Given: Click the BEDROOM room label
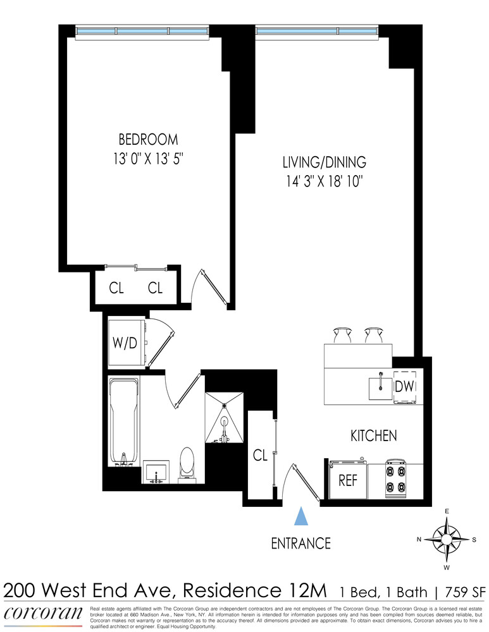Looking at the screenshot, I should coord(148,140).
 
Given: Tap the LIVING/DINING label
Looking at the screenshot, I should coord(325,162).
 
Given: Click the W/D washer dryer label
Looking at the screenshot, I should coord(125,343).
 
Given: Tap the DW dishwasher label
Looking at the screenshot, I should coord(404,386).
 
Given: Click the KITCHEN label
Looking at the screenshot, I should coord(374,435).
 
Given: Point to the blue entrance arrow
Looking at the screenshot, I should coord(302,516).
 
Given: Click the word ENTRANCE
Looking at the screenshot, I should coord(301,543).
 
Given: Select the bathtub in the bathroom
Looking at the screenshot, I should coord(123,421).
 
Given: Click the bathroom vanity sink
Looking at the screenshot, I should coord(156,471).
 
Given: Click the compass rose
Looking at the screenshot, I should coord(447,538).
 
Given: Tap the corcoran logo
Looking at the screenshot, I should coord(43,614).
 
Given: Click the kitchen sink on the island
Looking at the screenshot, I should coord(380,387).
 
